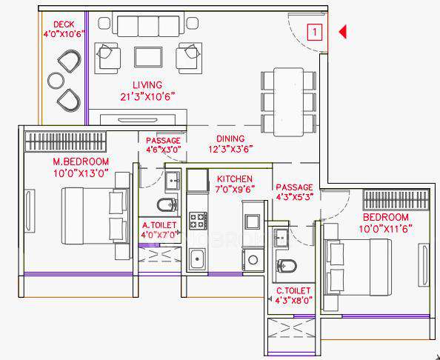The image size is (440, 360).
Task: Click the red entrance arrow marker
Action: [343, 32]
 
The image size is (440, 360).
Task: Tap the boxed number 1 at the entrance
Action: [315, 32]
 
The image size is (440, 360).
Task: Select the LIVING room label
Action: [147, 85]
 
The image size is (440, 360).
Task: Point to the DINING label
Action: [230, 139]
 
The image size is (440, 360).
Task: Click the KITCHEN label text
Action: [235, 179]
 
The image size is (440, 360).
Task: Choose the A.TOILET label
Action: [159, 225]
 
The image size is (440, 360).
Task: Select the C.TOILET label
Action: [293, 291]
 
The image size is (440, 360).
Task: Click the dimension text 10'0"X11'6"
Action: [396, 229]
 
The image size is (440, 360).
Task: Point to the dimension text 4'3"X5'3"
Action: [294, 198]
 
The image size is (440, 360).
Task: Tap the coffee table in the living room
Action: [148, 56]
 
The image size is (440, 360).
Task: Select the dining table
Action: [288, 100]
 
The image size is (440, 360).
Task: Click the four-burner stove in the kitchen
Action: [198, 220]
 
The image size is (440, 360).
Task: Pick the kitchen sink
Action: [197, 259]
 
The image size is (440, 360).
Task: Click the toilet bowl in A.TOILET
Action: [164, 204]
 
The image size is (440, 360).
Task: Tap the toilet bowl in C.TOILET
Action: [285, 264]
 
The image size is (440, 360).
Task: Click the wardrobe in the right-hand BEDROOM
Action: [395, 200]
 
